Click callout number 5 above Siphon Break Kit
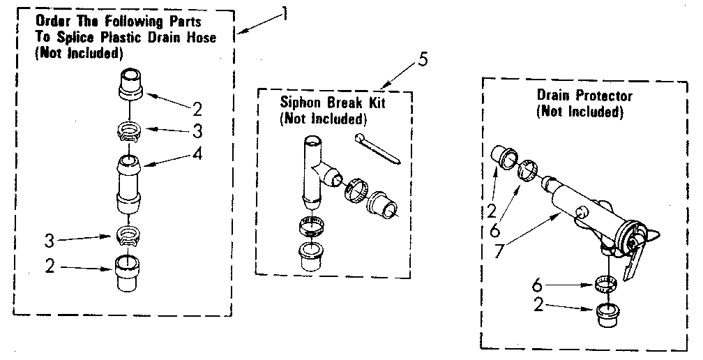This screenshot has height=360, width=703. (423, 60)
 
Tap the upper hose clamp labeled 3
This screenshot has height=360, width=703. (130, 130)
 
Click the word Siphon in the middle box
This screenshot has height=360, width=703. (299, 104)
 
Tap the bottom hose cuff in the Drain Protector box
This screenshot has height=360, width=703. (608, 315)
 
